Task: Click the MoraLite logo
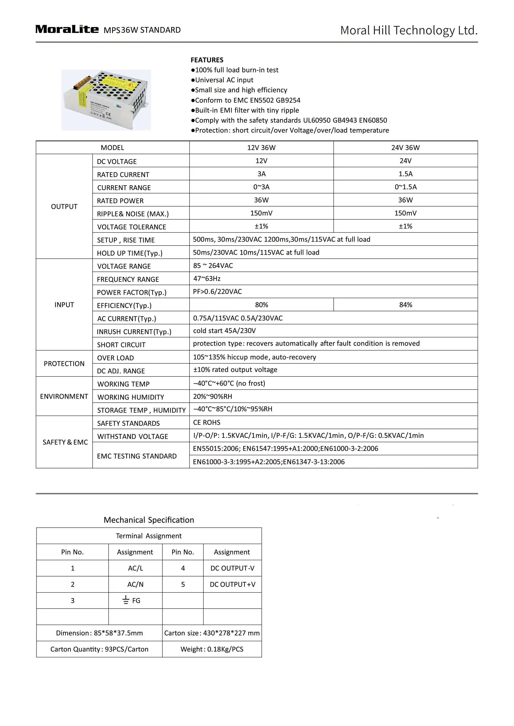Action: pyautogui.click(x=67, y=29)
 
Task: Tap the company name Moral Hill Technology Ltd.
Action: pyautogui.click(x=409, y=30)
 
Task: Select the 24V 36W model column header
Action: pyautogui.click(x=405, y=148)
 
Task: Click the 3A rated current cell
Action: pyautogui.click(x=261, y=174)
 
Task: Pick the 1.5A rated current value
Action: pyautogui.click(x=405, y=174)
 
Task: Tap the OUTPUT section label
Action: pyautogui.click(x=64, y=207)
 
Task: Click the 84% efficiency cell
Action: pyautogui.click(x=405, y=305)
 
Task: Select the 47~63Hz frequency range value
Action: pyautogui.click(x=207, y=279)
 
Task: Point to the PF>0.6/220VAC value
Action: pyautogui.click(x=217, y=291)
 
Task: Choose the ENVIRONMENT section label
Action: pyautogui.click(x=64, y=396)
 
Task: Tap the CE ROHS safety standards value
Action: pyautogui.click(x=207, y=423)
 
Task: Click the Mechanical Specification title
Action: pyautogui.click(x=149, y=520)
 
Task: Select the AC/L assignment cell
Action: pyautogui.click(x=136, y=568)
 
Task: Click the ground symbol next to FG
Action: pyautogui.click(x=126, y=600)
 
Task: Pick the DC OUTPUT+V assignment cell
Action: pyautogui.click(x=233, y=584)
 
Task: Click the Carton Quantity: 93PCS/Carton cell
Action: pyautogui.click(x=99, y=649)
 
